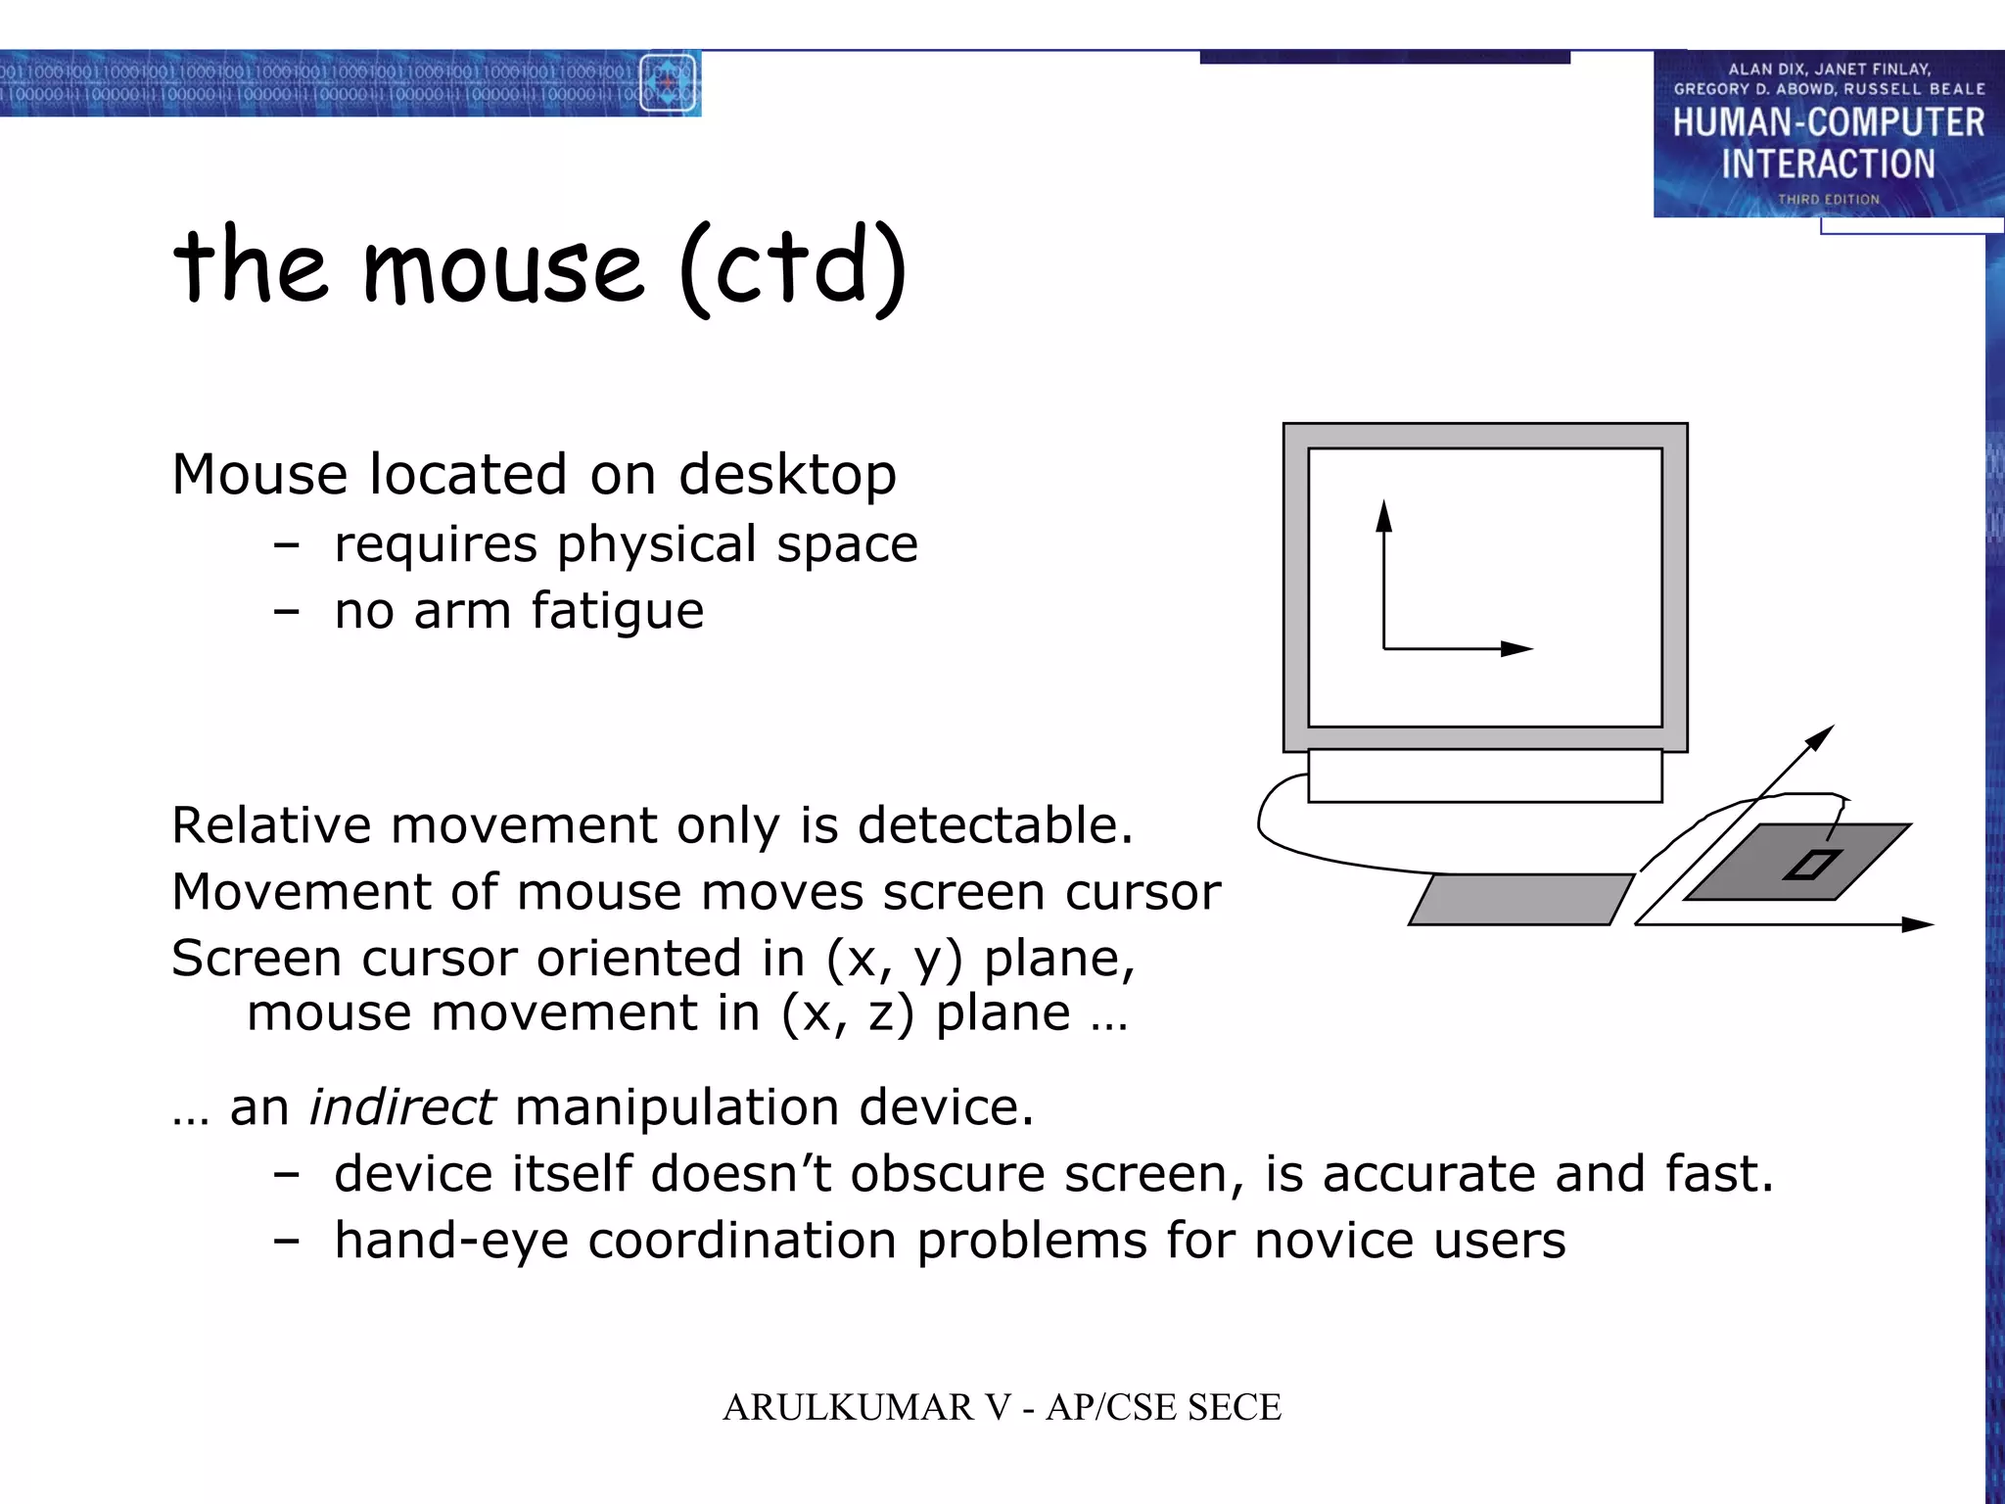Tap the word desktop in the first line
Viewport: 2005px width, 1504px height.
tap(787, 475)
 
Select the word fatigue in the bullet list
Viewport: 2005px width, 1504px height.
tap(617, 611)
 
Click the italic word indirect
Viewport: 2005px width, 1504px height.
tap(401, 1107)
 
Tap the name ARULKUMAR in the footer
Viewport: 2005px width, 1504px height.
tap(848, 1408)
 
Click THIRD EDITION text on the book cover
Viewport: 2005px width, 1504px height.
tap(1828, 200)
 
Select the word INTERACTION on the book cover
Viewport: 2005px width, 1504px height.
tap(1828, 164)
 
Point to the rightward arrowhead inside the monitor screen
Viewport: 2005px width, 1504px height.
tap(1516, 648)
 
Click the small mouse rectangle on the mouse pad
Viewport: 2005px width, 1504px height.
tap(1811, 865)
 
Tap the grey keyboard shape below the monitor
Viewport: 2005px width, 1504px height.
tap(1520, 899)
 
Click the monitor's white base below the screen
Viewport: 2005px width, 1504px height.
tap(1484, 775)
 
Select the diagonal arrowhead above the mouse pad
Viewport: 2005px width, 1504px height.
tap(1821, 736)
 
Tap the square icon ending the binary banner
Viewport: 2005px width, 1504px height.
tap(668, 82)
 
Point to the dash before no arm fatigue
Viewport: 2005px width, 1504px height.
tap(286, 612)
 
